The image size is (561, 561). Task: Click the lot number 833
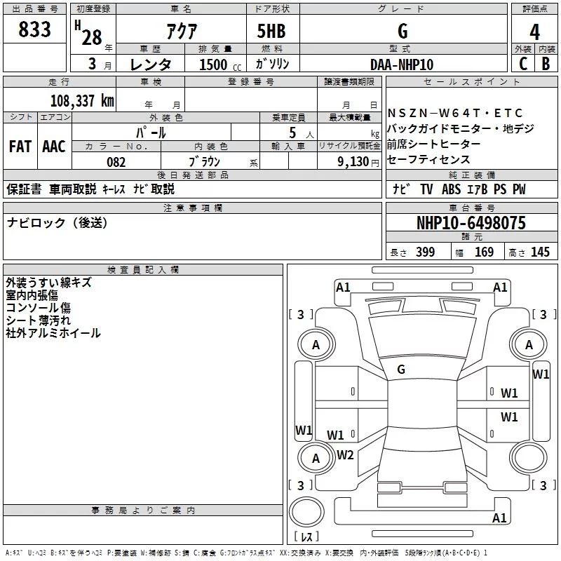(x=35, y=29)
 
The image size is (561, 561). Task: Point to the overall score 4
(x=534, y=32)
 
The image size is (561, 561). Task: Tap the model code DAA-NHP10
(x=402, y=65)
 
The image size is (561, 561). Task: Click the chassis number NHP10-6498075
(x=471, y=223)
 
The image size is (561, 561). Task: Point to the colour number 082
(x=116, y=161)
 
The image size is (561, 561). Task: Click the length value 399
(x=425, y=252)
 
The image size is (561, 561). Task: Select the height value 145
(x=540, y=252)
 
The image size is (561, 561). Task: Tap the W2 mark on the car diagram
(x=345, y=455)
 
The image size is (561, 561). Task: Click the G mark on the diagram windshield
(x=401, y=369)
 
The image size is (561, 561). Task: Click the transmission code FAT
(x=20, y=147)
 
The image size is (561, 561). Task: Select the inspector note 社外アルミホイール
(x=53, y=333)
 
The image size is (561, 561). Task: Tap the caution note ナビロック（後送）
(x=57, y=222)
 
